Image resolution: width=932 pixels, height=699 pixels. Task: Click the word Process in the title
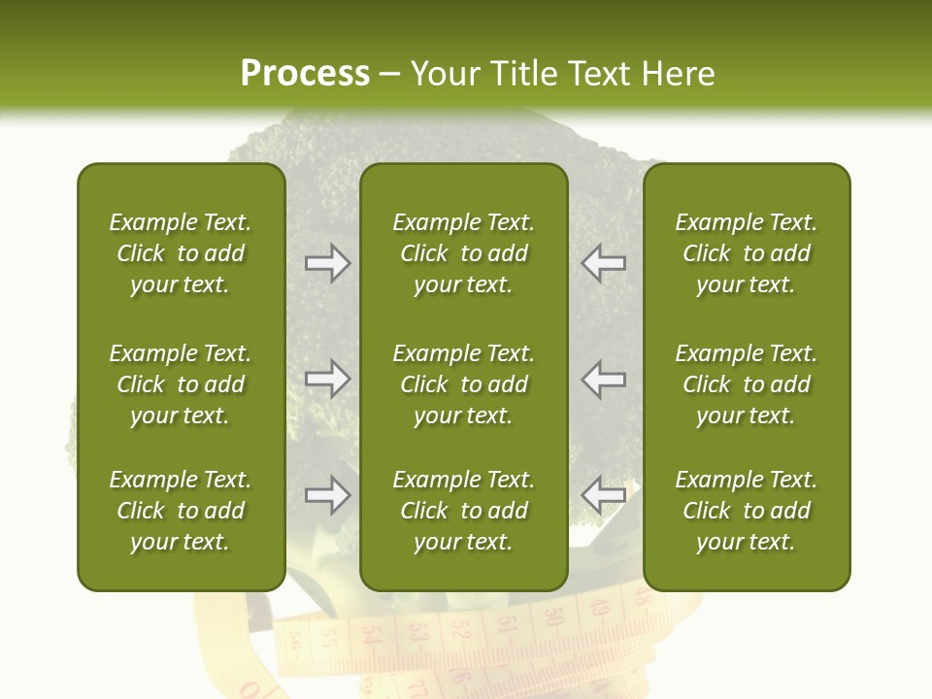[305, 74]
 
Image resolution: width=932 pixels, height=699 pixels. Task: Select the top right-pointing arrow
[327, 263]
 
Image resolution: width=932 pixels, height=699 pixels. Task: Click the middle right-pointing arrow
[327, 379]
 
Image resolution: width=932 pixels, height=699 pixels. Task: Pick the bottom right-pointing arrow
[327, 495]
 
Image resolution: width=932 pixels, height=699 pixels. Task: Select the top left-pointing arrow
[604, 263]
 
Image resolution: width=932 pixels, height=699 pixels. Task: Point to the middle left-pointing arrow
[604, 379]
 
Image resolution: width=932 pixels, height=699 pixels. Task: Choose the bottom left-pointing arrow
[604, 495]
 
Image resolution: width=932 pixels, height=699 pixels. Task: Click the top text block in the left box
[181, 253]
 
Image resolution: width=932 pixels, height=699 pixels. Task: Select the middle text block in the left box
[181, 384]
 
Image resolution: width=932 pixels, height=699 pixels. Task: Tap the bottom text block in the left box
[181, 511]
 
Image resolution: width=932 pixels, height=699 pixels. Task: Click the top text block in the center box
[464, 253]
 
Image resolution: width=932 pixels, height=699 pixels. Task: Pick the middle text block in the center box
[464, 384]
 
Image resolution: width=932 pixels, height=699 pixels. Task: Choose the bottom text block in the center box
[464, 511]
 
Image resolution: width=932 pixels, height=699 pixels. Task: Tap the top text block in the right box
[747, 253]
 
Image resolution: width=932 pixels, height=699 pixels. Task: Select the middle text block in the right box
[747, 384]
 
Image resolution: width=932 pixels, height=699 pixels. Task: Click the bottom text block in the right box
[747, 511]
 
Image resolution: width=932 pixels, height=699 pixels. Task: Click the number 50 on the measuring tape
[554, 616]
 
